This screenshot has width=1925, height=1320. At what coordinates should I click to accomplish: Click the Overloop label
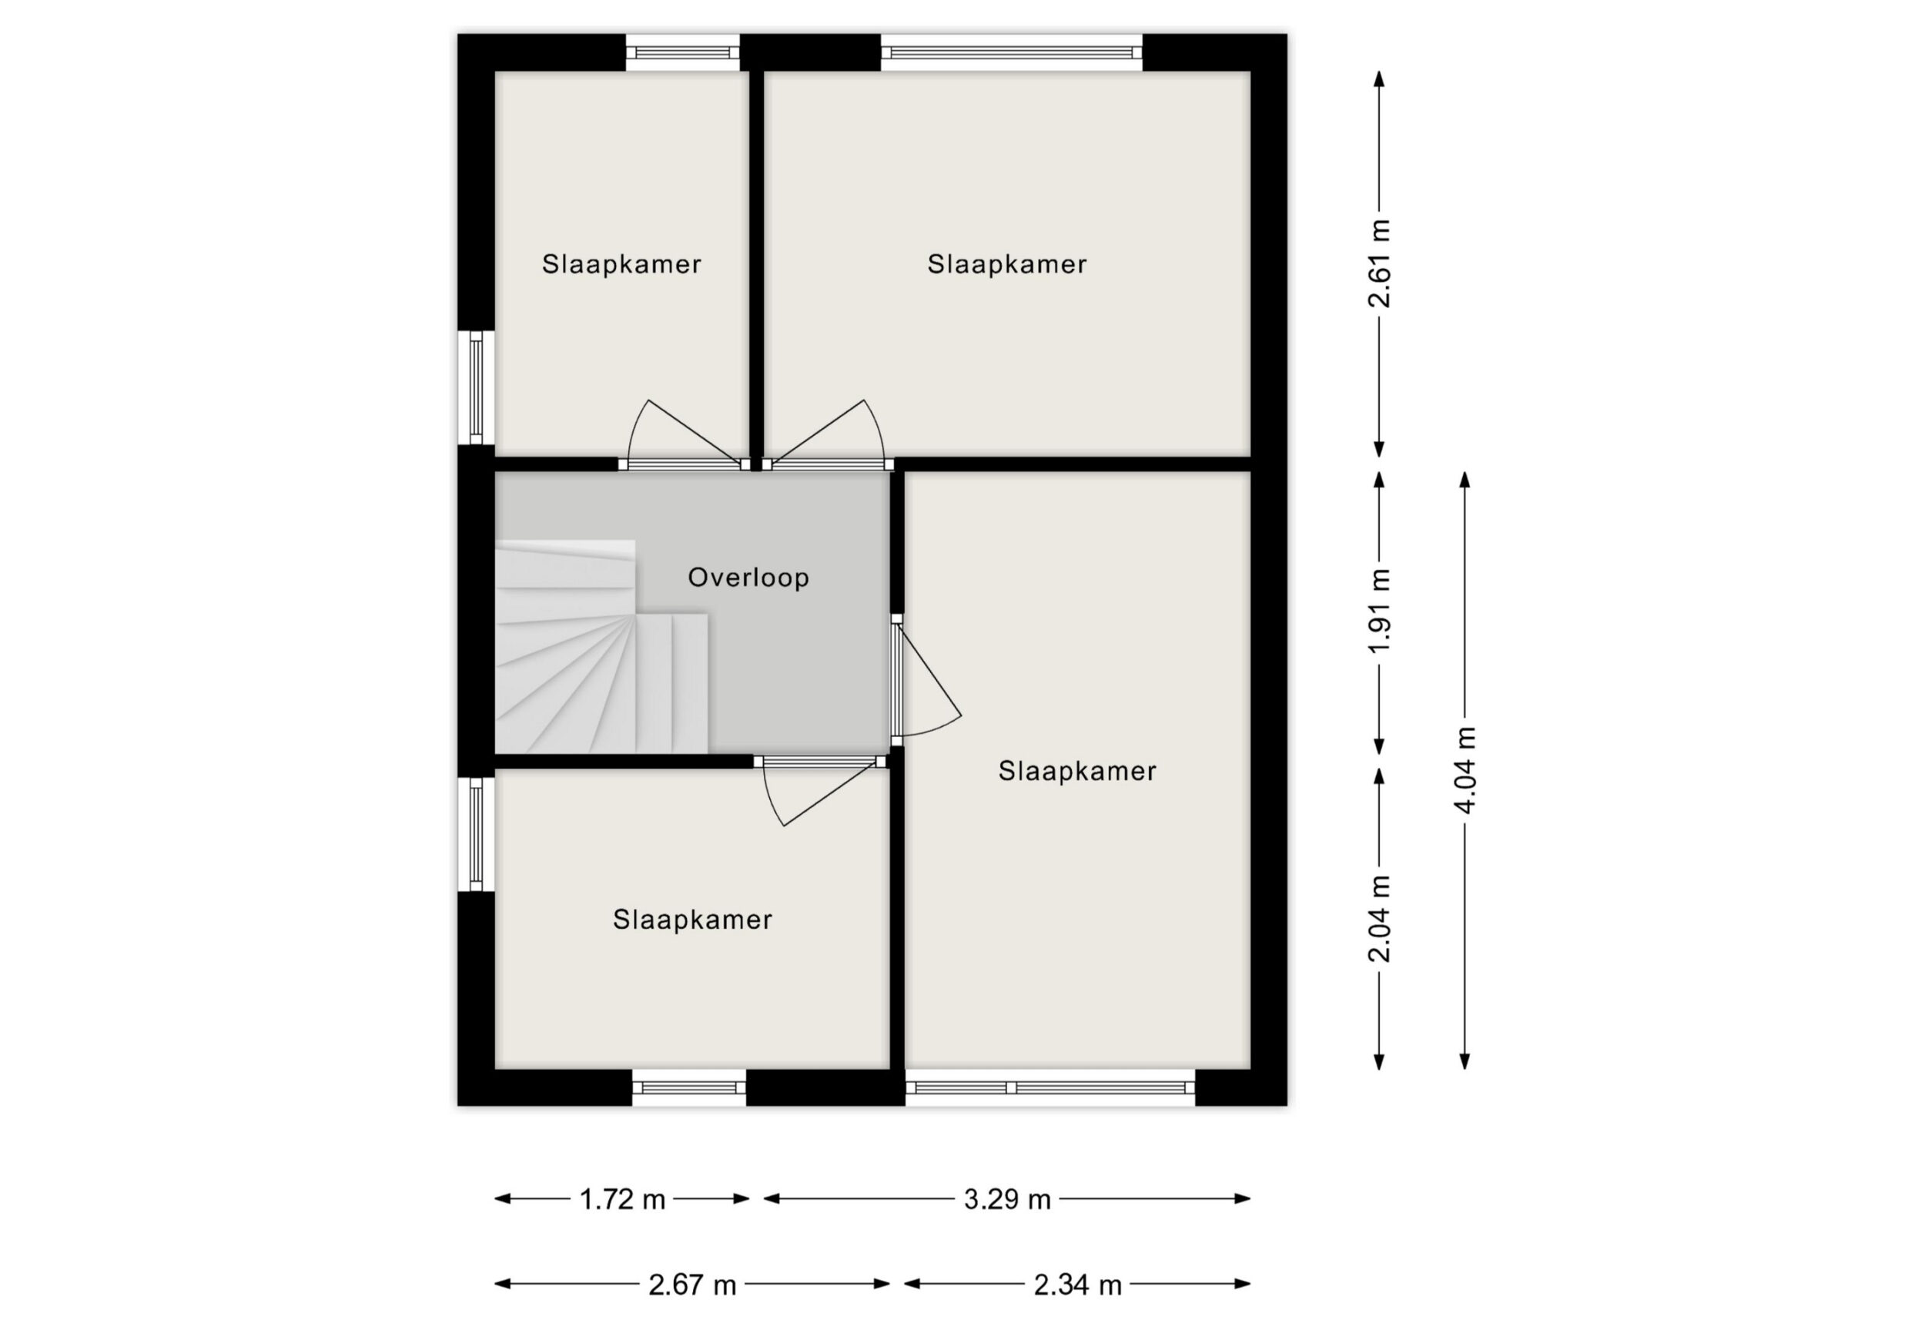tap(748, 578)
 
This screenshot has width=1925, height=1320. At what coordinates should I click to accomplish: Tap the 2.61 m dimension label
tap(1379, 263)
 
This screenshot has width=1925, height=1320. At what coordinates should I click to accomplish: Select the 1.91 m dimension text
tap(1379, 611)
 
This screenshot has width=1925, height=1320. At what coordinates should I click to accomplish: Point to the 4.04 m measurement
tap(1465, 770)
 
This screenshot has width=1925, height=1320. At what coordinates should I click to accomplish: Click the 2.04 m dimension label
tap(1379, 918)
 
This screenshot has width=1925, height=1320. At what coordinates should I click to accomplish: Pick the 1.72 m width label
tap(622, 1199)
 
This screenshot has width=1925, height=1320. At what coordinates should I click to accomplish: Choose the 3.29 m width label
tap(1007, 1199)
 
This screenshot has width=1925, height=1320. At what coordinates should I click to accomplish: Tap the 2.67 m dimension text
tap(692, 1285)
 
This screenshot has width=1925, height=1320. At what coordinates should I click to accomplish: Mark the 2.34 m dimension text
tap(1078, 1285)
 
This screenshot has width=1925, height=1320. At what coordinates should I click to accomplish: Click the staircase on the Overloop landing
tap(601, 646)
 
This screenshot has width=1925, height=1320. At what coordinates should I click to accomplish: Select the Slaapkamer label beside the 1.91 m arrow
tap(1076, 771)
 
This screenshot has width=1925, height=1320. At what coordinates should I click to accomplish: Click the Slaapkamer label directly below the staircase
tap(692, 919)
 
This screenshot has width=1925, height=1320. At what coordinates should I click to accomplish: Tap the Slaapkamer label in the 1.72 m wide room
tap(621, 263)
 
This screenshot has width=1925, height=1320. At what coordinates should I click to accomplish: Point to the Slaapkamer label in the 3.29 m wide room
tap(1006, 263)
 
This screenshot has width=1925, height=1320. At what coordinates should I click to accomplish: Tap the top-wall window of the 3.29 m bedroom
tap(1011, 53)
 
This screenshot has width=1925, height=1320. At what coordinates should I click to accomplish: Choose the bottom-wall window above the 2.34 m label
tap(1050, 1087)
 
